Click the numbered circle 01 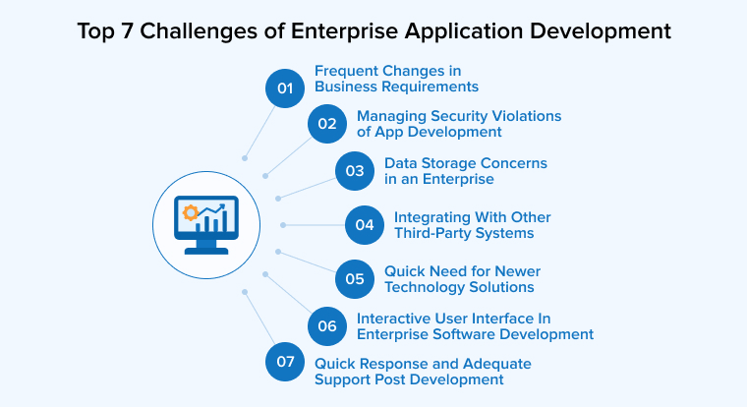click(x=286, y=87)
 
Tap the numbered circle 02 click(x=327, y=124)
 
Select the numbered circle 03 click(x=355, y=171)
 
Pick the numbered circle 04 click(x=365, y=224)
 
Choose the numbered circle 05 click(x=355, y=278)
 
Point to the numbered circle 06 click(x=327, y=325)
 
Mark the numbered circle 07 click(x=286, y=362)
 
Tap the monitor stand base click(x=206, y=250)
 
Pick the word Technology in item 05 click(x=430, y=287)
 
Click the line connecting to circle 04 click(x=315, y=224)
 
